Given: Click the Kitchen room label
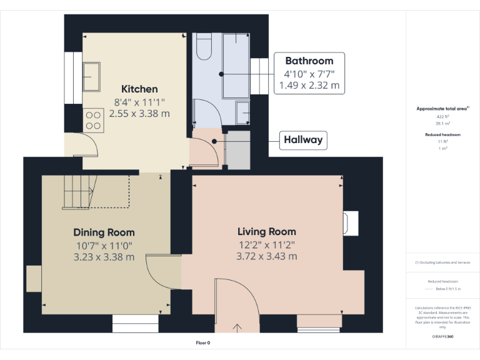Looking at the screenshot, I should click(139, 89).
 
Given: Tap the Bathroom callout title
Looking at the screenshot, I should click(309, 61).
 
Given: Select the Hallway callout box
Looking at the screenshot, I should click(304, 140).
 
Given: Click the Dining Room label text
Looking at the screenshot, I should click(104, 232).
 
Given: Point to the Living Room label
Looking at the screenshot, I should click(267, 232).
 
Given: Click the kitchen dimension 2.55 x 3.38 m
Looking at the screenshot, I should click(139, 114).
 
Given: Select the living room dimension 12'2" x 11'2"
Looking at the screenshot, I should click(267, 244).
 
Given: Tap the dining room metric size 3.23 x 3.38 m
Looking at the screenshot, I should click(104, 257).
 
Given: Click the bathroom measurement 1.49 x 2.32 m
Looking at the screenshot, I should click(309, 86).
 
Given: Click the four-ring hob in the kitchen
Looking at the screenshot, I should click(93, 119).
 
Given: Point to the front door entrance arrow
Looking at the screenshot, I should click(237, 327).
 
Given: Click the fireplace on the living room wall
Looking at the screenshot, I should click(350, 223).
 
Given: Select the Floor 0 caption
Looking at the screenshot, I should click(203, 343).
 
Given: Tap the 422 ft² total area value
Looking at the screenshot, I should click(443, 116).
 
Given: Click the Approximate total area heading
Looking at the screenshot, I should click(442, 109).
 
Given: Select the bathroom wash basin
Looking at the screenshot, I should click(243, 112).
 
